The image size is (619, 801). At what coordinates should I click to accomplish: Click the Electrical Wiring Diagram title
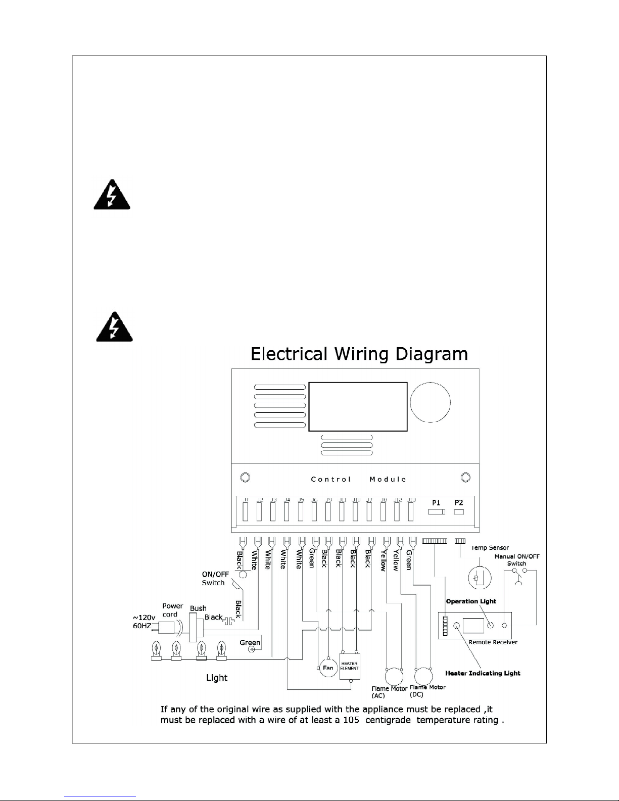(x=359, y=354)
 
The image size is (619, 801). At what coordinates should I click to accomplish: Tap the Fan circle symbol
(x=328, y=668)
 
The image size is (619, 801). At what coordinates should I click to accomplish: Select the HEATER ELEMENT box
(x=349, y=666)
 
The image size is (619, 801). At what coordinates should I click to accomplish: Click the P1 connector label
(x=436, y=503)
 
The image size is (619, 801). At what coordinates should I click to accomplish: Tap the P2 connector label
(x=459, y=503)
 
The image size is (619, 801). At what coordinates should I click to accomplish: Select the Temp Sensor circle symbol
(x=477, y=577)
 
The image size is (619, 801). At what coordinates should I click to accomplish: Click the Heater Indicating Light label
(x=483, y=673)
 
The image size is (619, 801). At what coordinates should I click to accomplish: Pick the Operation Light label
(x=471, y=601)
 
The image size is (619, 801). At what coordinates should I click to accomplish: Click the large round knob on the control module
(x=430, y=402)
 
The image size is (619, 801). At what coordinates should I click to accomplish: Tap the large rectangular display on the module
(x=358, y=406)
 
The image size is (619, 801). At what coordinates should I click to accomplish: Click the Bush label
(x=198, y=608)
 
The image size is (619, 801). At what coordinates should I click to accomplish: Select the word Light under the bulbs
(x=217, y=678)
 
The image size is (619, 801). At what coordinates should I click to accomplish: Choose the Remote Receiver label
(x=493, y=642)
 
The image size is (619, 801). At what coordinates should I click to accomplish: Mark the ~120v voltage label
(x=144, y=618)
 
